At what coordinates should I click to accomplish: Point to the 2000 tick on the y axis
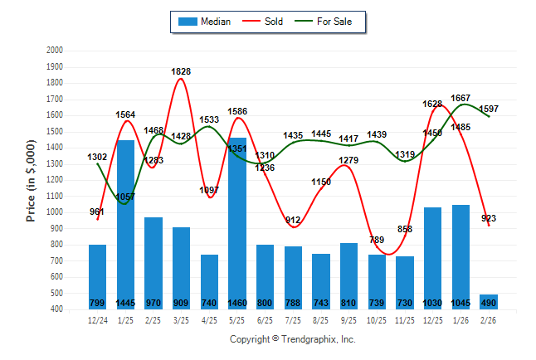(55, 51)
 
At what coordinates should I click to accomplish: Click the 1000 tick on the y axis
(55, 212)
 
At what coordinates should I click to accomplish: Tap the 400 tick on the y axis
(57, 309)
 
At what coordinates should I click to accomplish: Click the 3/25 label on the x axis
(182, 319)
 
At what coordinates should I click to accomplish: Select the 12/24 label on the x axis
(98, 319)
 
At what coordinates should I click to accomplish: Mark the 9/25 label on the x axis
(349, 319)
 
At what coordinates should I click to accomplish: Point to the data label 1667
(461, 99)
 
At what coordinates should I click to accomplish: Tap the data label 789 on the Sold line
(377, 240)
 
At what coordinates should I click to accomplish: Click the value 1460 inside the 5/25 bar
(237, 303)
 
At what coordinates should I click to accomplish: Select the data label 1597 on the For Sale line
(490, 109)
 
